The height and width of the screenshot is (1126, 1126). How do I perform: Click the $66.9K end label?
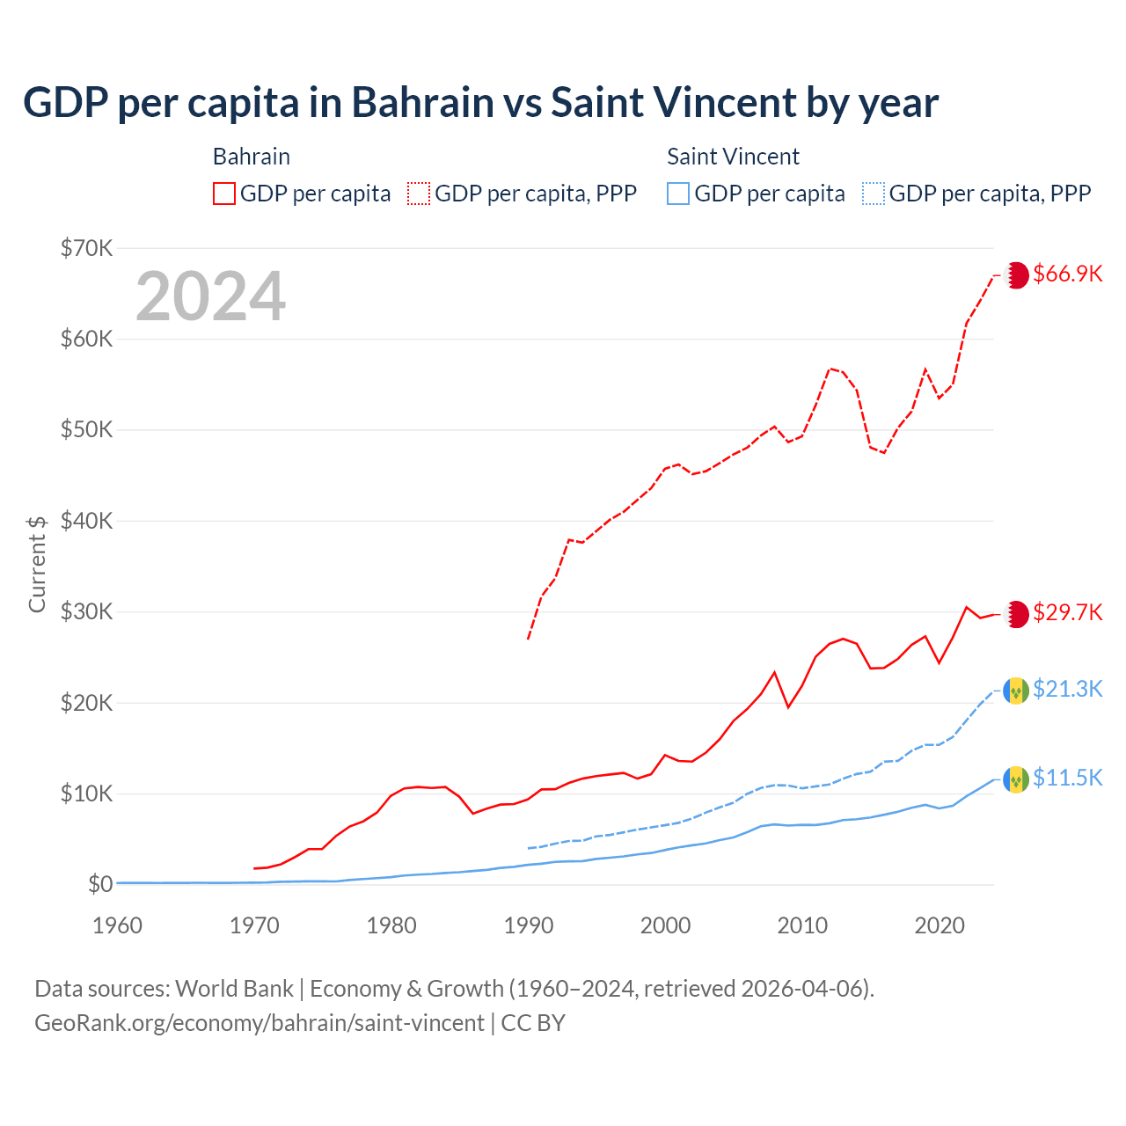pos(1067,274)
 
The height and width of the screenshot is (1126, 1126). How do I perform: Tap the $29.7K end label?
pos(1067,612)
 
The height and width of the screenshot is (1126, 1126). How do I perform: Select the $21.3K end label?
pos(1067,689)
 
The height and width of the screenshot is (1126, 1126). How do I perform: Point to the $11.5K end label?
pos(1067,778)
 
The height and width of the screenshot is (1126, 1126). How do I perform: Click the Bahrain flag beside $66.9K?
pos(1016,274)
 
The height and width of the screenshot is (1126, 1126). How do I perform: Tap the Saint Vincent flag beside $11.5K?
pos(1016,779)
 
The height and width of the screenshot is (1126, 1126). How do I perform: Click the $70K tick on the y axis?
pos(87,248)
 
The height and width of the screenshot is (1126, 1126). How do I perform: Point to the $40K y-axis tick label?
pos(87,521)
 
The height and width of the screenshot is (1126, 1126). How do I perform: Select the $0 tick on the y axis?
pos(100,884)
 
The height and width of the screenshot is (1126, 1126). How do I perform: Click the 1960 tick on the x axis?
pos(118,925)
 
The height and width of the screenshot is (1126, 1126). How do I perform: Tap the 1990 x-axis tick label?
pos(529,925)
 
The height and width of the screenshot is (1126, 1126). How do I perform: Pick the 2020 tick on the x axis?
pos(940,925)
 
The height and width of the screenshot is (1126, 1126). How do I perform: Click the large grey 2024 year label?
pos(211,296)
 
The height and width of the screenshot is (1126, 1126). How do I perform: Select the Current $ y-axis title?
pos(37,564)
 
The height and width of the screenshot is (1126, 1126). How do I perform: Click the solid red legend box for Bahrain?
pos(224,194)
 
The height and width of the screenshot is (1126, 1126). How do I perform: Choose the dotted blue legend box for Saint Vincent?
pos(874,194)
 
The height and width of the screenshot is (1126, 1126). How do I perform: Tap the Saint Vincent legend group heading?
pos(733,157)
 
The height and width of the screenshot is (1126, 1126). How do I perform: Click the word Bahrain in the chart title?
pos(422,102)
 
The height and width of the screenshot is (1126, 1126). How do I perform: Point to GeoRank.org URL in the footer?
pos(260,1023)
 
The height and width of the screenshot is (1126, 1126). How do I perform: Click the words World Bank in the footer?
pos(234,989)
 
